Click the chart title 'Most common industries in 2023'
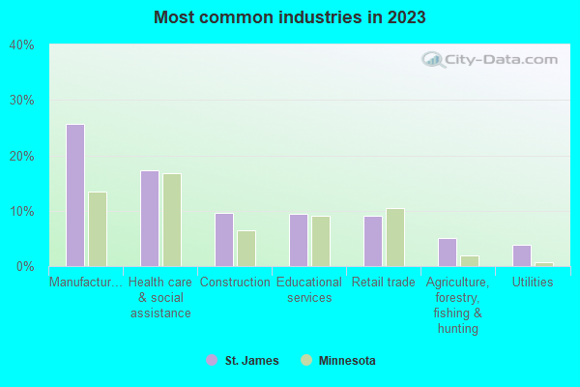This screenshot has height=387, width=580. click(x=289, y=17)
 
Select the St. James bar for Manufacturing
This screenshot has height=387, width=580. click(x=74, y=194)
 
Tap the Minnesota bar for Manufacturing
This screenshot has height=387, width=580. click(x=98, y=228)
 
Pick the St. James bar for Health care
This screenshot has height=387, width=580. click(x=149, y=218)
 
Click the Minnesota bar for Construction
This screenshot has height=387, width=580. click(x=246, y=248)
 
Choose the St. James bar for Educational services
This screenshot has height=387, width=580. click(x=299, y=240)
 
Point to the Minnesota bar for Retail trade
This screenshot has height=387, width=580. click(x=395, y=237)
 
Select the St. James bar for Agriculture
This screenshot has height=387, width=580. click(x=448, y=252)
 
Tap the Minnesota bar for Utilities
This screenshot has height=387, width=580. click(x=544, y=264)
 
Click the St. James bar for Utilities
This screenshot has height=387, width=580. click(x=522, y=255)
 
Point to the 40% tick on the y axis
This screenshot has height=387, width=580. click(x=22, y=45)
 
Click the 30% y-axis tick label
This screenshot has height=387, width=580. click(x=22, y=101)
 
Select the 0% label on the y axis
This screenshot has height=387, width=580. click(x=25, y=266)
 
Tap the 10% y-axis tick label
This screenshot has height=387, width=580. click(x=22, y=211)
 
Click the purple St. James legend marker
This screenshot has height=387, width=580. click(x=212, y=360)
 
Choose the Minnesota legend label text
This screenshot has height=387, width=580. click(x=348, y=361)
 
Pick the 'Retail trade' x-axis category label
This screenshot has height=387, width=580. click(x=384, y=283)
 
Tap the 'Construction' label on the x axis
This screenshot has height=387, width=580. click(x=235, y=283)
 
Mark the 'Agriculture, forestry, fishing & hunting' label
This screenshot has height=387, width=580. click(x=458, y=305)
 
